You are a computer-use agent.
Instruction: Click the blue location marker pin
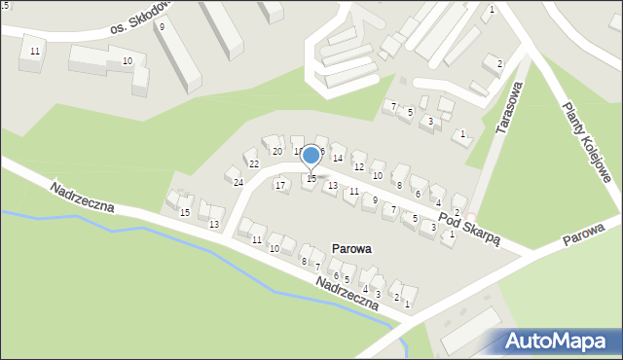(x=311, y=155)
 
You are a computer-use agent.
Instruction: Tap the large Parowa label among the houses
(x=350, y=249)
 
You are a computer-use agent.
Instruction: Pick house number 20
(x=276, y=151)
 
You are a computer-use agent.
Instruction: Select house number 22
(x=253, y=163)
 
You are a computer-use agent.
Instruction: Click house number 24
(x=238, y=182)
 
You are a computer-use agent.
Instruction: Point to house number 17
(x=280, y=185)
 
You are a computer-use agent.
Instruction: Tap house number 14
(x=338, y=158)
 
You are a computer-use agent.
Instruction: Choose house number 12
(x=358, y=167)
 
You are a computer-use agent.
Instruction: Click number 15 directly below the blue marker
(x=311, y=178)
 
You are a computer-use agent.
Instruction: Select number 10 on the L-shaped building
(x=128, y=61)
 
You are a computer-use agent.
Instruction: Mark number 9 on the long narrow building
(x=162, y=27)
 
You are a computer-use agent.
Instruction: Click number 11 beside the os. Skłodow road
(x=35, y=51)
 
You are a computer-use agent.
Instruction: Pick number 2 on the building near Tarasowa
(x=499, y=64)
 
